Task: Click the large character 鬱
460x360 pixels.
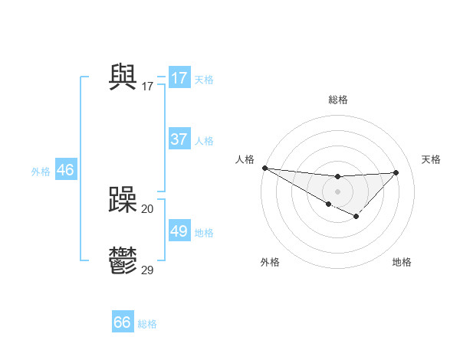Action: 123,262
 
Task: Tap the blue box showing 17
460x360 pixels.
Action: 179,78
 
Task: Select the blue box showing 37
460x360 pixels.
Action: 179,139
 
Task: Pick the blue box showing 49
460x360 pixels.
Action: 179,231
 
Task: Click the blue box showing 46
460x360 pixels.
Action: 65,170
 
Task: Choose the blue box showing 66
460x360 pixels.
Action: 123,322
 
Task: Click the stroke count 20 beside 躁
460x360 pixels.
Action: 147,209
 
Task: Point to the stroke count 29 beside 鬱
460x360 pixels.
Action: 147,270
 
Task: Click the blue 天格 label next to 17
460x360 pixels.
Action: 204,79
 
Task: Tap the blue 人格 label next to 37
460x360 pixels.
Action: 204,141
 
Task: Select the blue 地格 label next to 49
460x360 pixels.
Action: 204,233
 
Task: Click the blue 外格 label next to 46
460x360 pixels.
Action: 41,172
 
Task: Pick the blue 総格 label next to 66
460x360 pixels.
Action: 147,324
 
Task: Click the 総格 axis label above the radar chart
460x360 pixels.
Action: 337,100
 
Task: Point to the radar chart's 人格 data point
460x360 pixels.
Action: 264,168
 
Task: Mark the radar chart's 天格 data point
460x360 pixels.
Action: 396,172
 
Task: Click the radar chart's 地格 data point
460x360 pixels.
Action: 356,218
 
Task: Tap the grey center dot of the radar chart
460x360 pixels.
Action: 337,191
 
